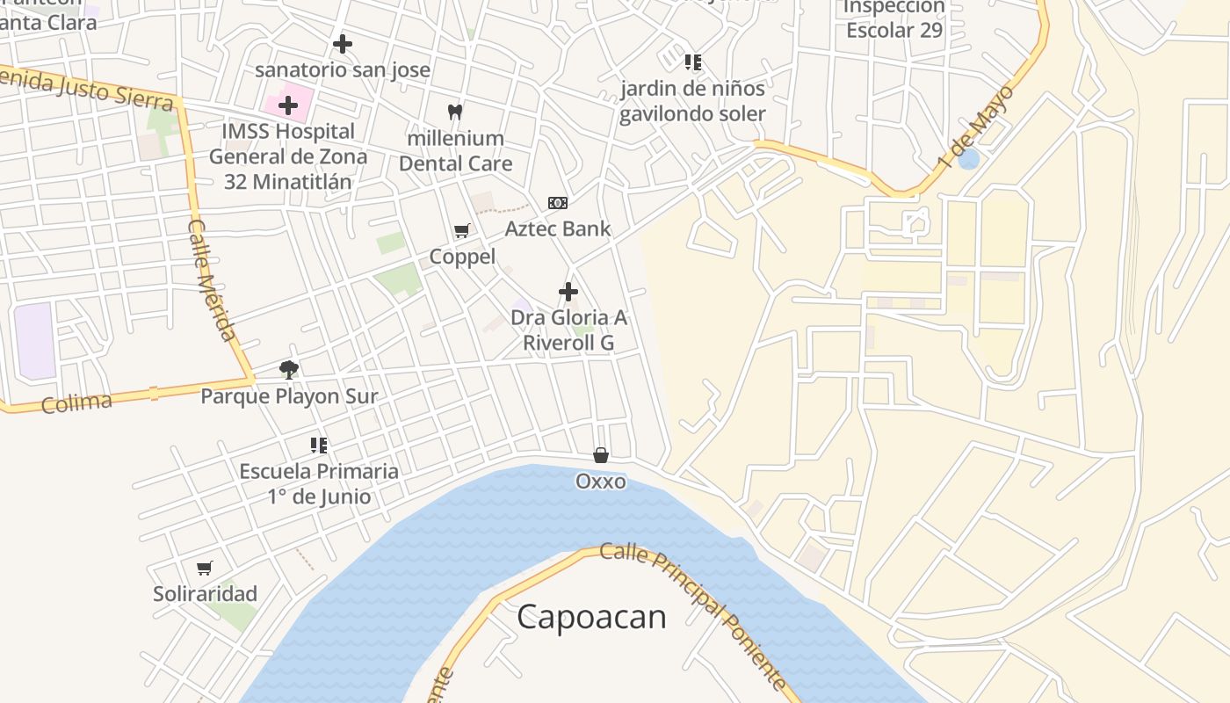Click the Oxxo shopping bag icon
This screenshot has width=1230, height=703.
pos(601,455)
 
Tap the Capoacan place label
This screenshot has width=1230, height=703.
pos(591,617)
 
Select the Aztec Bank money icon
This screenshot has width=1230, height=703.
pos(557,203)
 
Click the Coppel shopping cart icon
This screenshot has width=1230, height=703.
pos(461,230)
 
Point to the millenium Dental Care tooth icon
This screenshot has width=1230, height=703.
pos(454,112)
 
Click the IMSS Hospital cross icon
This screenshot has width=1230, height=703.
pos(287,105)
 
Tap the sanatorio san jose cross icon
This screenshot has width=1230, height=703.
pos(342,43)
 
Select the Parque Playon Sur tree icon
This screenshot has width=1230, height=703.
pos(289,369)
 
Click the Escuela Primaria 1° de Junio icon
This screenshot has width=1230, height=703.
pos(319,446)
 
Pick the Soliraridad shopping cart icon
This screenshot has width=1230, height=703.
pos(205,568)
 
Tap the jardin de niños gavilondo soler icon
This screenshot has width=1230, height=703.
pos(693,62)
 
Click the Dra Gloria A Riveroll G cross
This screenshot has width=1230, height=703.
pos(568,291)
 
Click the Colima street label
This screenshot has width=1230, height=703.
pos(76,402)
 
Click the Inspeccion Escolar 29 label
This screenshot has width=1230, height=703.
pos(894,18)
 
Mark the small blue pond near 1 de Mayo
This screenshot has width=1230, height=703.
pos(968,159)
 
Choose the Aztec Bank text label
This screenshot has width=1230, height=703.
pos(558,228)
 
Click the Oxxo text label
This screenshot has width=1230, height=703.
pos(601,482)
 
